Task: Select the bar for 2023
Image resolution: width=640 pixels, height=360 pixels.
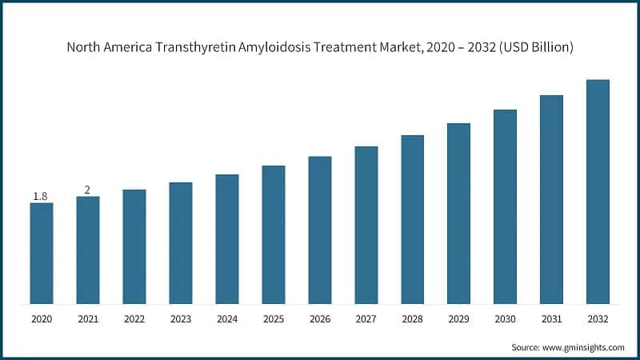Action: (181, 243)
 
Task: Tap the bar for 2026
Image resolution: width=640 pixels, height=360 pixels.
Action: (320, 230)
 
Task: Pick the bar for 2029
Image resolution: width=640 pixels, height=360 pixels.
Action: (458, 214)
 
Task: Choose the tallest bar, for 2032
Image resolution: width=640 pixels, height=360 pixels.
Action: (598, 192)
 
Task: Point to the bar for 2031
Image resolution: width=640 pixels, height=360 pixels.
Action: (551, 200)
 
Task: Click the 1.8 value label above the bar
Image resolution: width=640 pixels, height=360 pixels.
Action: (40, 196)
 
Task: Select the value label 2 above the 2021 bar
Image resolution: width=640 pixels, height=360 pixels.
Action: (87, 190)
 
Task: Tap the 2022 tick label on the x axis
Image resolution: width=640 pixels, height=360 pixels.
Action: (134, 319)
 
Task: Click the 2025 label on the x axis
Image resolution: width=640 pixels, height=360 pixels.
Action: (274, 319)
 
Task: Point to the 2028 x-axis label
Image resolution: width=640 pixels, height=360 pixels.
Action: (412, 319)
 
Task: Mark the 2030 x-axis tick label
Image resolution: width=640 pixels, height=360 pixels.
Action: (505, 319)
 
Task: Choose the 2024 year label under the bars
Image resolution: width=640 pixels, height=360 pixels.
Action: (227, 319)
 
